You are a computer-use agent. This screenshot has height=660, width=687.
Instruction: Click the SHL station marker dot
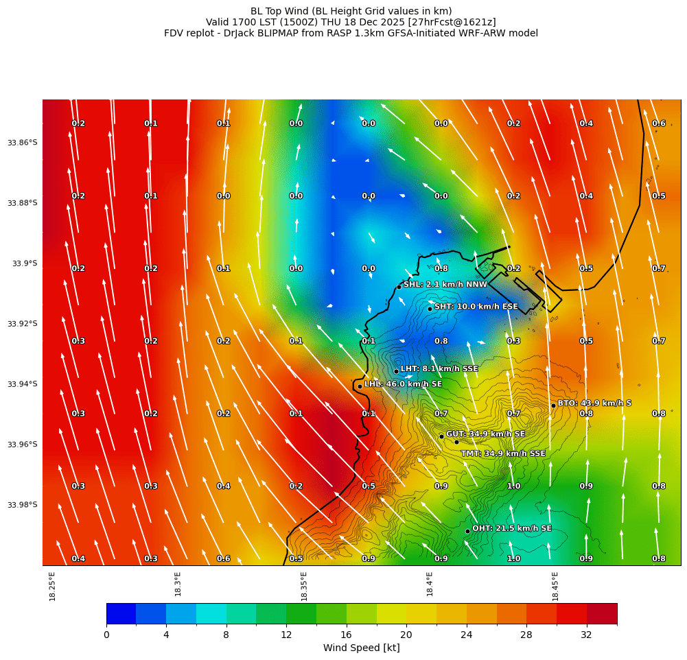[399, 287]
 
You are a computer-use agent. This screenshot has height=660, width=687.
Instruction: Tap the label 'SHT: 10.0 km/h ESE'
[476, 307]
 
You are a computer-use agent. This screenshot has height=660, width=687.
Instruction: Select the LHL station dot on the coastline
[360, 386]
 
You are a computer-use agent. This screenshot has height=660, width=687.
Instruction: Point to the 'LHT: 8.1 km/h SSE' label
[439, 369]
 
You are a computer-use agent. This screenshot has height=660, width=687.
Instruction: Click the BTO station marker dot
[553, 405]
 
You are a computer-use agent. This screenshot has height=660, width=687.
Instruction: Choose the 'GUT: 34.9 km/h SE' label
[485, 434]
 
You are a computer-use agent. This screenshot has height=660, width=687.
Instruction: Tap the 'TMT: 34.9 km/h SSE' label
[503, 453]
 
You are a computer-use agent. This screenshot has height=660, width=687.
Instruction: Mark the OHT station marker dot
[467, 531]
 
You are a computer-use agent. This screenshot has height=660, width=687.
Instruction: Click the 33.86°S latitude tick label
[23, 143]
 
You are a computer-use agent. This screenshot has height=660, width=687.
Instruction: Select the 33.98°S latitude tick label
[23, 505]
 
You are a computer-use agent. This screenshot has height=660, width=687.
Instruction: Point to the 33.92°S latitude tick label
[23, 324]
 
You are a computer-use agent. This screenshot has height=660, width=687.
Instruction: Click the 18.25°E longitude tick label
[53, 587]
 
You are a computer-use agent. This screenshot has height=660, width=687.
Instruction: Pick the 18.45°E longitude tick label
[555, 587]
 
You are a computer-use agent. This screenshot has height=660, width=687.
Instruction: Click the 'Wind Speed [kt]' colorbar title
[361, 648]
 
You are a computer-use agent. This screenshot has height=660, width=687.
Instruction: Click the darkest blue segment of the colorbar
[121, 613]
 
